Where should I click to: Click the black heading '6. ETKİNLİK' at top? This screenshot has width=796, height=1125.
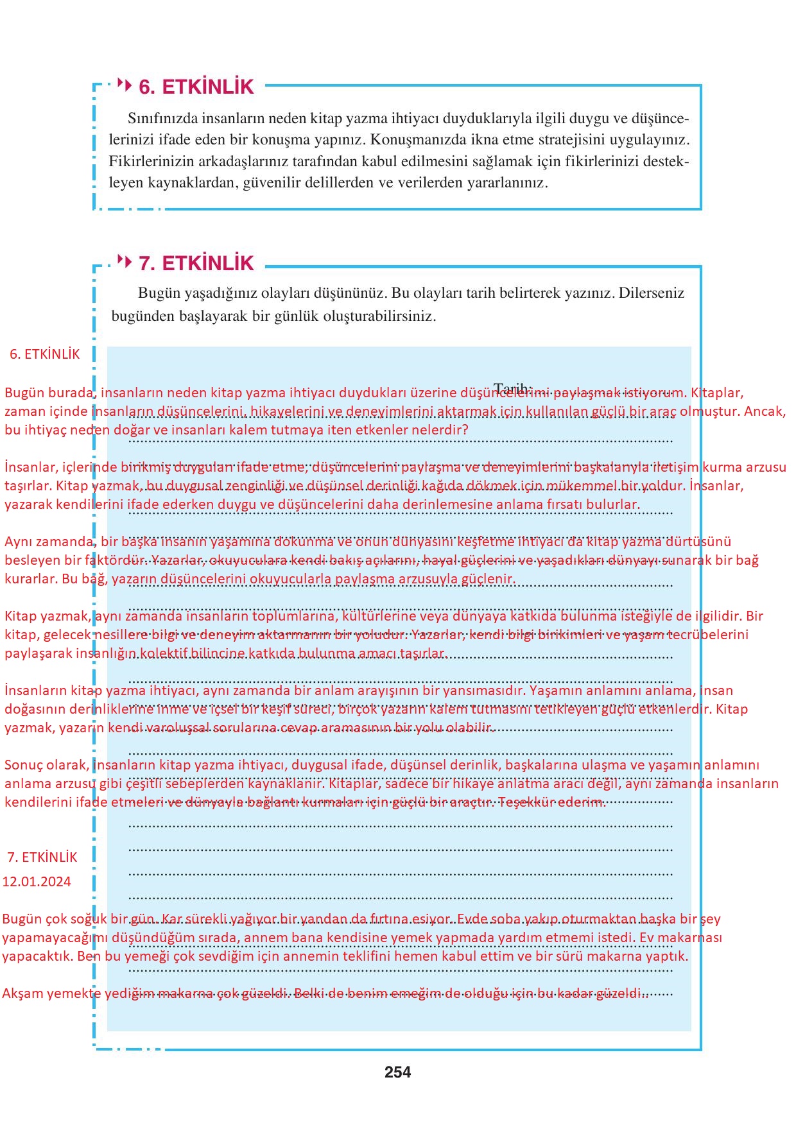point(196,87)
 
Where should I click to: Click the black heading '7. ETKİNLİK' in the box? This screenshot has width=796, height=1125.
point(196,263)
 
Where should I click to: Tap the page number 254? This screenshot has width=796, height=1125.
point(397,1072)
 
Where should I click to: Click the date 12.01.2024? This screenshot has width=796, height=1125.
point(37,882)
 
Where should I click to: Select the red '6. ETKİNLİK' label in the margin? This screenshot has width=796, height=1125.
point(45,354)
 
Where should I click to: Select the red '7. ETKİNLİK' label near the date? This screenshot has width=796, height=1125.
point(42,857)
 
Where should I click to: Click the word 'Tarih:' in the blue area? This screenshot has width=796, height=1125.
point(512,388)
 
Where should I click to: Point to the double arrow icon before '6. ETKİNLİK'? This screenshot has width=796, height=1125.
point(125,84)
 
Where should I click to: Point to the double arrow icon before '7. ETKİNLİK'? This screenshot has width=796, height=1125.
point(125,261)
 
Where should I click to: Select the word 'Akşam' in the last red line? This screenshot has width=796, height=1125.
point(22,993)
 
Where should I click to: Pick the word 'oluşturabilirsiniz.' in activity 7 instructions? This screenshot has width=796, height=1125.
point(379,316)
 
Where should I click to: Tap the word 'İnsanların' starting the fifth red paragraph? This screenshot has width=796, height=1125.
point(35,691)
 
